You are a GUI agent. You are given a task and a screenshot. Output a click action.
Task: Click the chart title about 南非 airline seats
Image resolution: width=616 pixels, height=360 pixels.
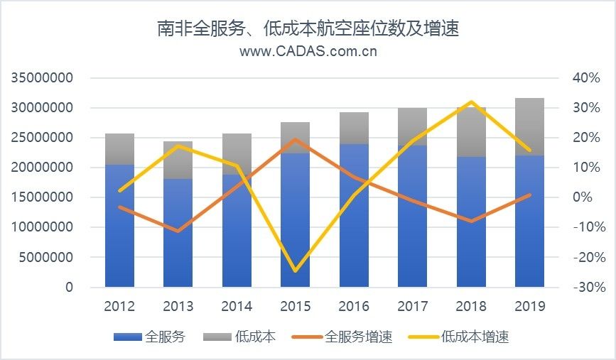point(308,29)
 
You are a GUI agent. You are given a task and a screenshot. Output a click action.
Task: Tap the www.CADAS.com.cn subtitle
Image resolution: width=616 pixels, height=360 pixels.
point(308,51)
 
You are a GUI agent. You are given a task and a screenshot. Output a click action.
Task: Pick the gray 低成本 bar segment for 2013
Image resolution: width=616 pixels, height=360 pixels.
point(178,160)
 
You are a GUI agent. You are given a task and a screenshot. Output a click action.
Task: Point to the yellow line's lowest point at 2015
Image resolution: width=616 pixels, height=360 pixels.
point(295,271)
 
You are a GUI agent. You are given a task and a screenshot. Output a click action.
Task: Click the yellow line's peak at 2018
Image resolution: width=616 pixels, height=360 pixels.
point(470,102)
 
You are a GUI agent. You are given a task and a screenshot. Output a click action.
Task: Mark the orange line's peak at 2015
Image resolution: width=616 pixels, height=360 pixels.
point(295,139)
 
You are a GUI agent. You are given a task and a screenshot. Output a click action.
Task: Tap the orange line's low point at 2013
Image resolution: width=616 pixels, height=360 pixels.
point(178,231)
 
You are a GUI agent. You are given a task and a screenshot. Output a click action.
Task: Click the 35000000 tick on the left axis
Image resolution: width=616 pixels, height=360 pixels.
point(43,78)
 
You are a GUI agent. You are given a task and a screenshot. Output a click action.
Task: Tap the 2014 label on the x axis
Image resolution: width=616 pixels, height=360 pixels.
point(237,307)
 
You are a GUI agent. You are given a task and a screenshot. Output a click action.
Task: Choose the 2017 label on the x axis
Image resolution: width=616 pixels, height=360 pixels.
point(412,307)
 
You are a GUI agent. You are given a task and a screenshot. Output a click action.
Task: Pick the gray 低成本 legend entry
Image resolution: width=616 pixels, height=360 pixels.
point(244,337)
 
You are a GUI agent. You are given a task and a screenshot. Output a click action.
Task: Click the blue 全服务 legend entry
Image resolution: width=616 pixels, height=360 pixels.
point(149,337)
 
